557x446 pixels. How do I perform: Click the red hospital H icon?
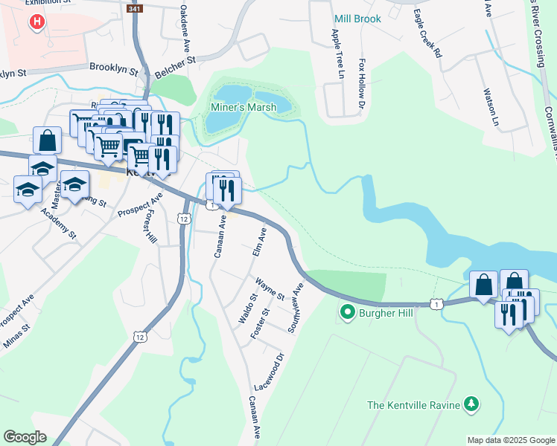[x=35, y=22]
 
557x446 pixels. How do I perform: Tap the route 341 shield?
[x=133, y=8]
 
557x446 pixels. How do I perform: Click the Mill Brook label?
[x=357, y=19]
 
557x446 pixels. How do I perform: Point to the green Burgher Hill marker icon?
[x=346, y=312]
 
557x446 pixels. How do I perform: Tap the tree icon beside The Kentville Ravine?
[x=470, y=404]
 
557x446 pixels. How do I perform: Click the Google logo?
[x=25, y=437]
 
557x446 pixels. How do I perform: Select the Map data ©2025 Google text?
[x=510, y=440]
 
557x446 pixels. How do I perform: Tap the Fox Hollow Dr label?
[x=363, y=83]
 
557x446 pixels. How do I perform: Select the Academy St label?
[x=59, y=221]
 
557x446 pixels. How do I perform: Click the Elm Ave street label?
[x=261, y=243]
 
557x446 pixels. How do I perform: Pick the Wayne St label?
[x=270, y=288]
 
